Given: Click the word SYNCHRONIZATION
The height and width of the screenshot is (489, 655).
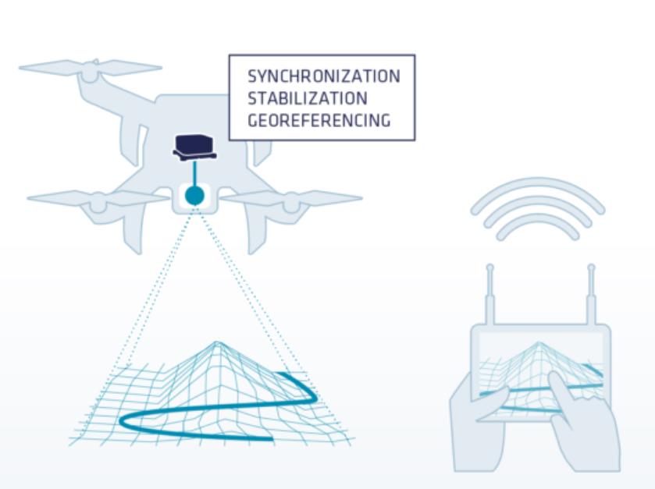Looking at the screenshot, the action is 324,76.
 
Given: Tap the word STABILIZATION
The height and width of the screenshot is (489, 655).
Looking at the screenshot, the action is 308,98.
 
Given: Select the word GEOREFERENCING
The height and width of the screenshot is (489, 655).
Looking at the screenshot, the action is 319,120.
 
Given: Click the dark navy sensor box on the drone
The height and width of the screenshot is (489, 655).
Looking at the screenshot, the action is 194,147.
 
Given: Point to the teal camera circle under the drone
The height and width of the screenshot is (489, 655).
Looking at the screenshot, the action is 194,196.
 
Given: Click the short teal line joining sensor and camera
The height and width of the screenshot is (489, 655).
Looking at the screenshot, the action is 194,173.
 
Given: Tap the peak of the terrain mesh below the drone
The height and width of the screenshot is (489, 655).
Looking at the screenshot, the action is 217,343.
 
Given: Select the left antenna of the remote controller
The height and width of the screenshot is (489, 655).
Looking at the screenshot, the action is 490,294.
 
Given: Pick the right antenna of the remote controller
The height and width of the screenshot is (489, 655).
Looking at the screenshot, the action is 591,294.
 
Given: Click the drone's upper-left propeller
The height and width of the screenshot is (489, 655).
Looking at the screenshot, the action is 91,67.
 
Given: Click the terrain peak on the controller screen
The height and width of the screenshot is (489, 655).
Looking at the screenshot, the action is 539,344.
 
